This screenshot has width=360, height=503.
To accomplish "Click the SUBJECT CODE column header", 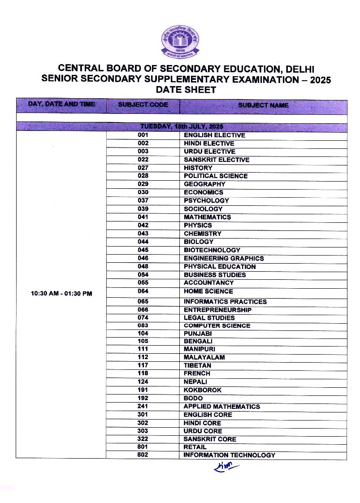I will (x=143, y=105).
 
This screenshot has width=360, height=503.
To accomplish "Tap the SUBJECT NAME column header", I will (x=263, y=105).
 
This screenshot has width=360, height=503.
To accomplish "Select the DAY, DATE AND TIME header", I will (x=61, y=104).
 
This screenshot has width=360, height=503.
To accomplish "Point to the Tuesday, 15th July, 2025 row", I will (x=182, y=126).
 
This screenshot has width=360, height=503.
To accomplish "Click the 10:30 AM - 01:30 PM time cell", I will (x=61, y=294).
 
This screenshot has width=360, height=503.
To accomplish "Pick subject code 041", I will (x=143, y=217).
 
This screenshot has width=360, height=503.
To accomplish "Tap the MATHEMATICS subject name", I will (x=207, y=217).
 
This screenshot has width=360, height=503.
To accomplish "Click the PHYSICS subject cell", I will (x=198, y=225).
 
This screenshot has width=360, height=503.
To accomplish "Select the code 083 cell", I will (x=143, y=325).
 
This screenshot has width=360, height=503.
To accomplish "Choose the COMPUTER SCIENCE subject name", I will (x=217, y=325).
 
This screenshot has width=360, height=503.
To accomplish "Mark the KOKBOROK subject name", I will (x=203, y=390).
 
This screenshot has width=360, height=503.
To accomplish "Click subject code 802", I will (x=143, y=455).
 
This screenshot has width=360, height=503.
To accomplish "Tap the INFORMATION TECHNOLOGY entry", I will (x=229, y=455).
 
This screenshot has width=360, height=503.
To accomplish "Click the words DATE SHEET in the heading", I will (x=186, y=90).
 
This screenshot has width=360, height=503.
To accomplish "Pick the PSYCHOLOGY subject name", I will (x=206, y=200).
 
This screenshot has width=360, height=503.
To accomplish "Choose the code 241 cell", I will (x=143, y=407).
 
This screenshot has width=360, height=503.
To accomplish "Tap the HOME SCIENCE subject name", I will (x=208, y=291).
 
